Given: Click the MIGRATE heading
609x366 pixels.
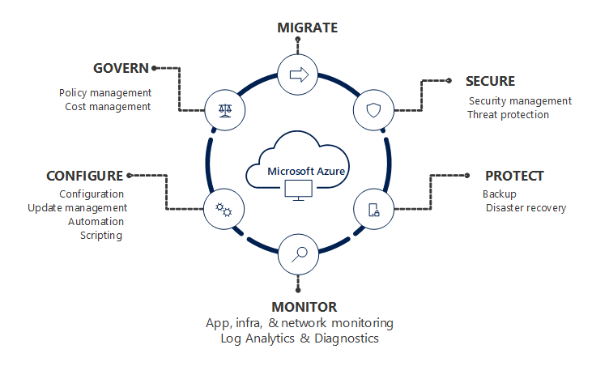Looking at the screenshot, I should pos(307,28).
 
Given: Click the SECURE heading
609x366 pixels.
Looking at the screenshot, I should pos(490,81).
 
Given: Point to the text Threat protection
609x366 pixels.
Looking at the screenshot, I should pos(508,115).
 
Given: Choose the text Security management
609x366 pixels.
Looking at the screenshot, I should pos(520,101).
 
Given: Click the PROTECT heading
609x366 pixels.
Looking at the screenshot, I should pos(513,176).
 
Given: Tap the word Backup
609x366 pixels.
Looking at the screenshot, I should pos(499,194).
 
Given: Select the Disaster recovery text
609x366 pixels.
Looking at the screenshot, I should pos(526,208).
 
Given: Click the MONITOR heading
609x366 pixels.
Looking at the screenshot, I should pos(304,307).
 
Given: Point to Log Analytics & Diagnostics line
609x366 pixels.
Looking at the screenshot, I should pos(300,338).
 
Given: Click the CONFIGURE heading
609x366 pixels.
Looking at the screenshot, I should pos(85,176).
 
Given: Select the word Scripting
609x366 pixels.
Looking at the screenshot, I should pos(101,236).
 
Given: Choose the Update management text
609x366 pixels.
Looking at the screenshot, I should pos(77,208).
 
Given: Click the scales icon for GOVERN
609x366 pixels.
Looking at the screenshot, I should pos(224,110).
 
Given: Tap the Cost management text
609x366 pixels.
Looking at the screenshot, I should pos(108,106).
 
